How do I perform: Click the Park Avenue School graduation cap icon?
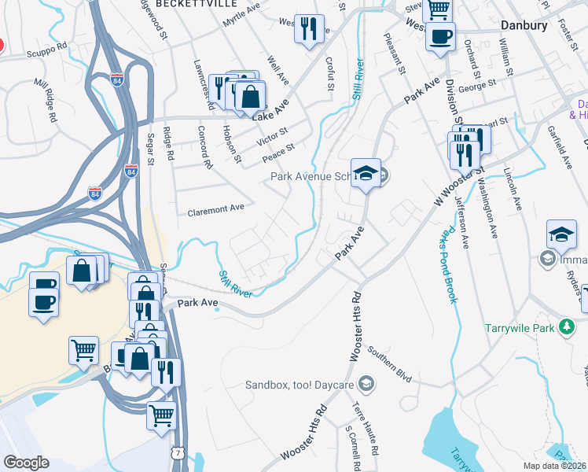coord(366,175)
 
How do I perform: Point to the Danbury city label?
coord(524,26)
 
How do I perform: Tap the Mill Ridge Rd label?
coord(46,99)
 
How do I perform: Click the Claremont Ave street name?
coord(215,209)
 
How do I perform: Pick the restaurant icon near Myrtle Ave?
coord(308,28)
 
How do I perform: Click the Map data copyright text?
coord(553,466)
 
